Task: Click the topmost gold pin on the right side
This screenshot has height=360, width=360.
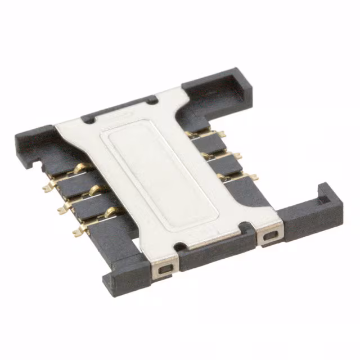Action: [x=222, y=134]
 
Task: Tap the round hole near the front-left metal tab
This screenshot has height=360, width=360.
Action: [x=178, y=245]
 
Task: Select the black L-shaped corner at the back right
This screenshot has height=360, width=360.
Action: [x=233, y=84]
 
